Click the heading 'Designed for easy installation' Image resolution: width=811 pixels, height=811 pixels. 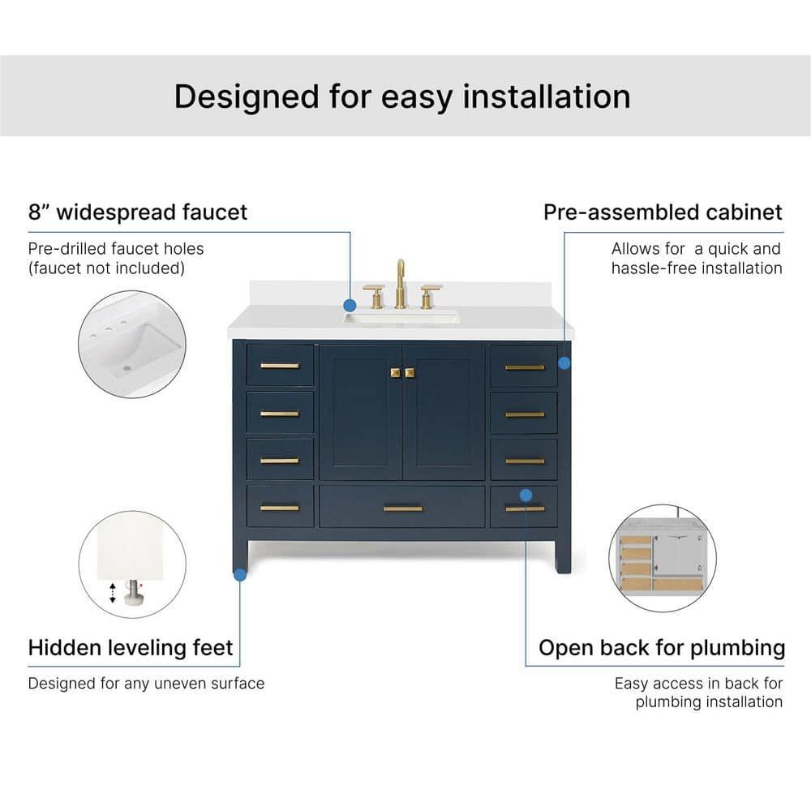point(402,97)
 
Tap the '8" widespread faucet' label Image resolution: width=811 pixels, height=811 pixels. point(138,212)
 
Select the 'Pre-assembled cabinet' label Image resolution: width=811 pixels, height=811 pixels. point(663,212)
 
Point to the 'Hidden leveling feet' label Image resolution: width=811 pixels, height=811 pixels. point(131,647)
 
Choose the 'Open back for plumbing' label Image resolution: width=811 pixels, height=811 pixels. point(662,648)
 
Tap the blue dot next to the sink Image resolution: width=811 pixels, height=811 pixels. point(350,306)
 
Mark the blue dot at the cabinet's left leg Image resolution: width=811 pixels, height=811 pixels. point(239,574)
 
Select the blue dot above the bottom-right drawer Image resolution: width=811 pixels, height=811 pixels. point(526,494)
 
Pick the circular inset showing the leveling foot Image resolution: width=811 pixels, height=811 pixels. point(132,564)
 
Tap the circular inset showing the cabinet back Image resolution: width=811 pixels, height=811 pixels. point(662,559)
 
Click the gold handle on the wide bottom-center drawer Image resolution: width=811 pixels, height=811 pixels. point(402,508)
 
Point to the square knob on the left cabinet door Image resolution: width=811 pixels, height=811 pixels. point(395,372)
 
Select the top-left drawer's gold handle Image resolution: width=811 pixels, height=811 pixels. point(280,366)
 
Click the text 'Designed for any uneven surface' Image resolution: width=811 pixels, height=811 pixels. point(146,684)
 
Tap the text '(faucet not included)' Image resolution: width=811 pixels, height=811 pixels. point(106,268)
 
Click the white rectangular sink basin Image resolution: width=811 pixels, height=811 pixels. point(401,316)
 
